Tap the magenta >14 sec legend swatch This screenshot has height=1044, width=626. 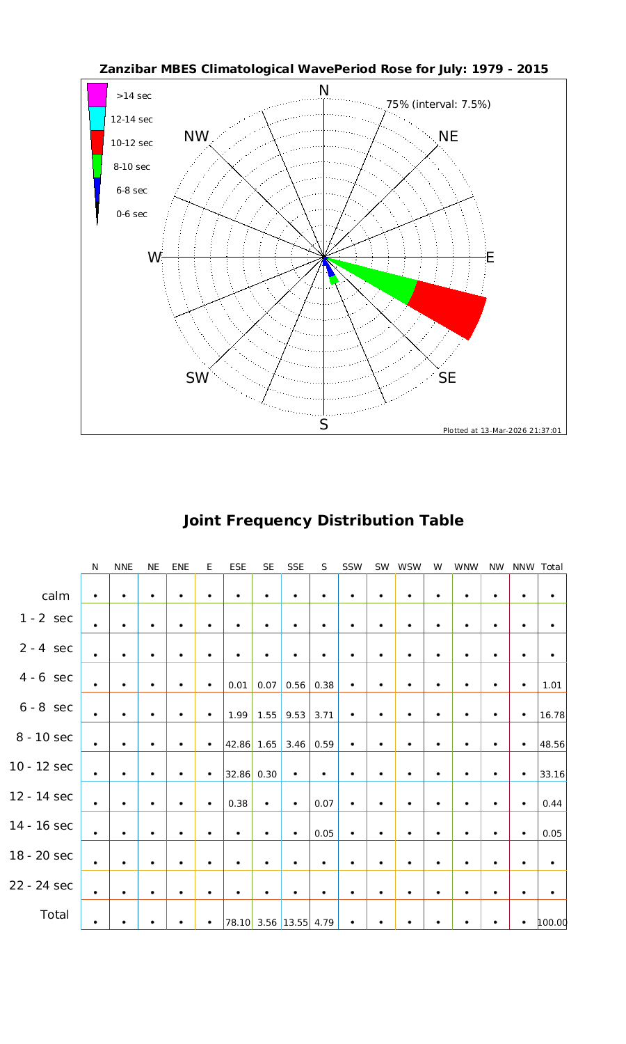tap(97, 95)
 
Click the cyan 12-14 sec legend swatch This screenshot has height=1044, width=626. tap(97, 118)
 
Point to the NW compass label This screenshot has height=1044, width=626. tap(196, 136)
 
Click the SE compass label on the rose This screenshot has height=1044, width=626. tap(447, 377)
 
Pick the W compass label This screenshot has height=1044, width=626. tap(154, 258)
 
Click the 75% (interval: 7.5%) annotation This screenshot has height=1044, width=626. tap(438, 104)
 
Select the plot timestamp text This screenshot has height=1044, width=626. tap(501, 430)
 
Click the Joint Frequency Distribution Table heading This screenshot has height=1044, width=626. tap(323, 521)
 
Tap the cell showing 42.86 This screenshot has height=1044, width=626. tap(238, 744)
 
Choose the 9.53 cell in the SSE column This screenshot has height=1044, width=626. tap(296, 715)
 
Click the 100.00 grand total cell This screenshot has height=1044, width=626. tap(552, 923)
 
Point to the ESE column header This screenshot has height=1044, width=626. tap(238, 567)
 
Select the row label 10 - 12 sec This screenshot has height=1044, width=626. tap(41, 766)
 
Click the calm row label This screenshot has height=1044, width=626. tap(56, 596)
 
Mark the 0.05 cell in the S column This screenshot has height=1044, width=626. tap(324, 833)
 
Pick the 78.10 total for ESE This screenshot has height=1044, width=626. tap(238, 923)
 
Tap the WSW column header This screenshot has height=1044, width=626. tap(410, 567)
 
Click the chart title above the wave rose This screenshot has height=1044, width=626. tap(323, 69)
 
